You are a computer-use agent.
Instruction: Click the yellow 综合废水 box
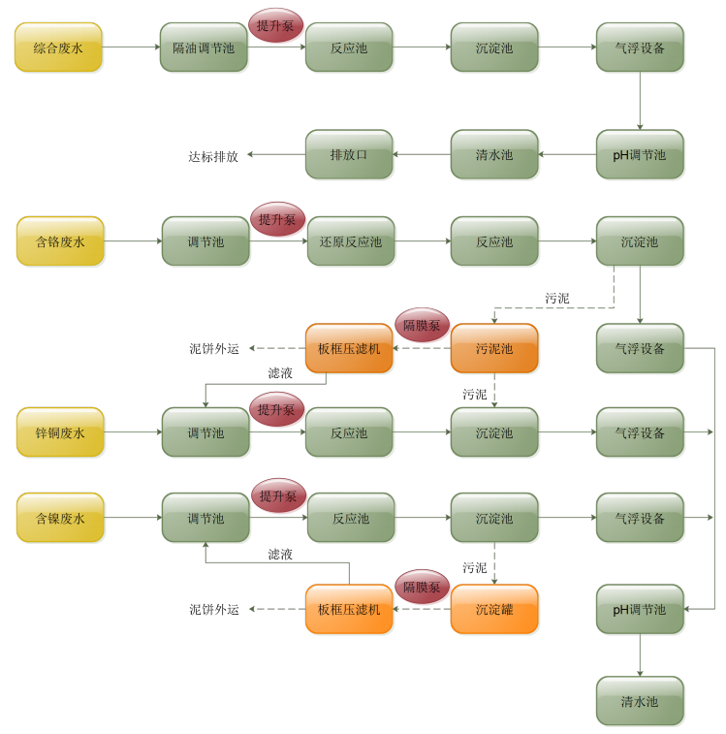point(58,48)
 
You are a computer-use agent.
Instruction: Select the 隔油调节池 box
point(204,48)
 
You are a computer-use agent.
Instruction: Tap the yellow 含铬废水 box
point(60,241)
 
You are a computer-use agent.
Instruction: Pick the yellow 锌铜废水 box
point(60,432)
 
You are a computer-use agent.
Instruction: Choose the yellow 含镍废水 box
point(60,518)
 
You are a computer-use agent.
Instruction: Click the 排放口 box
point(349,154)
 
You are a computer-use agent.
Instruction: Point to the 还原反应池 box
point(350,241)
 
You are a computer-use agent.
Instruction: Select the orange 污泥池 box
point(494,348)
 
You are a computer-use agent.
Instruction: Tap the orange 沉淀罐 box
point(494,609)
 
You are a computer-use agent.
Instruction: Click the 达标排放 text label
point(213,155)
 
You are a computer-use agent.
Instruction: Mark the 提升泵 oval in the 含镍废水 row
point(277,495)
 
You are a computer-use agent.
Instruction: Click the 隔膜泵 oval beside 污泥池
point(422,325)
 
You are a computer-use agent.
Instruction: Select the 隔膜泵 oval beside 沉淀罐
point(422,587)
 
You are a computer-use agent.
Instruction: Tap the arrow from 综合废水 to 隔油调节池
point(131,47)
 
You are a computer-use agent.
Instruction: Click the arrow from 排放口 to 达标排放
point(276,154)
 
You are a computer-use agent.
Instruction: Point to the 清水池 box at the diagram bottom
point(640,701)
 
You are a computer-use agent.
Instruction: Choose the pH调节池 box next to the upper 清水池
point(640,154)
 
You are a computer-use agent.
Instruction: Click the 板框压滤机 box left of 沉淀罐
point(349,609)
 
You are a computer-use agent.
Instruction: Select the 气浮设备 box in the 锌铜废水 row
point(640,432)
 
